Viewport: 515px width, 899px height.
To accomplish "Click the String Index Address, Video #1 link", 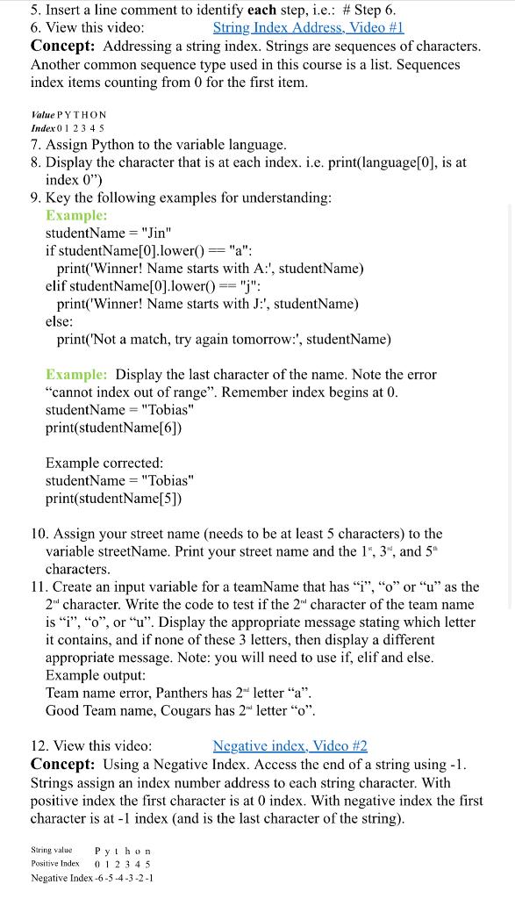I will tap(308, 28).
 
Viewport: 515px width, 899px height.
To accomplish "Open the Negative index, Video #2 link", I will tap(290, 746).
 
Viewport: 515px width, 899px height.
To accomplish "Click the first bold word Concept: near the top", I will tap(63, 47).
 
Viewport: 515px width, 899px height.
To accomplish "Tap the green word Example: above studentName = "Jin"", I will tap(76, 215).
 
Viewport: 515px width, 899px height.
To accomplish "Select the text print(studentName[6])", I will tap(113, 428).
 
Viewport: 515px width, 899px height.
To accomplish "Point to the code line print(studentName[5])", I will tap(113, 499).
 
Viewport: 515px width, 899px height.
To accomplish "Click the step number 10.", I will tap(39, 534).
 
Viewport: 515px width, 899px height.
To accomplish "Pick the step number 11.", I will tap(39, 586).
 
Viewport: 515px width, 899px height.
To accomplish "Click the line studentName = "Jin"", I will tap(108, 234).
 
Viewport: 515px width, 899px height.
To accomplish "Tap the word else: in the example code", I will tap(60, 321).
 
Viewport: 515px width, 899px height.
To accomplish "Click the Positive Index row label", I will tap(55, 864).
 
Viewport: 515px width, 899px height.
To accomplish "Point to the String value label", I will tap(52, 850).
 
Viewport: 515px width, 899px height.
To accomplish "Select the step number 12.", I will tap(39, 746).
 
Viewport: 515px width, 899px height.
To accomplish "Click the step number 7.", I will tap(35, 144).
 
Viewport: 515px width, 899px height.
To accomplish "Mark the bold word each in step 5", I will tap(262, 11).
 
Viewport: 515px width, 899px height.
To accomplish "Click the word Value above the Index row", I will tap(41, 114).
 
